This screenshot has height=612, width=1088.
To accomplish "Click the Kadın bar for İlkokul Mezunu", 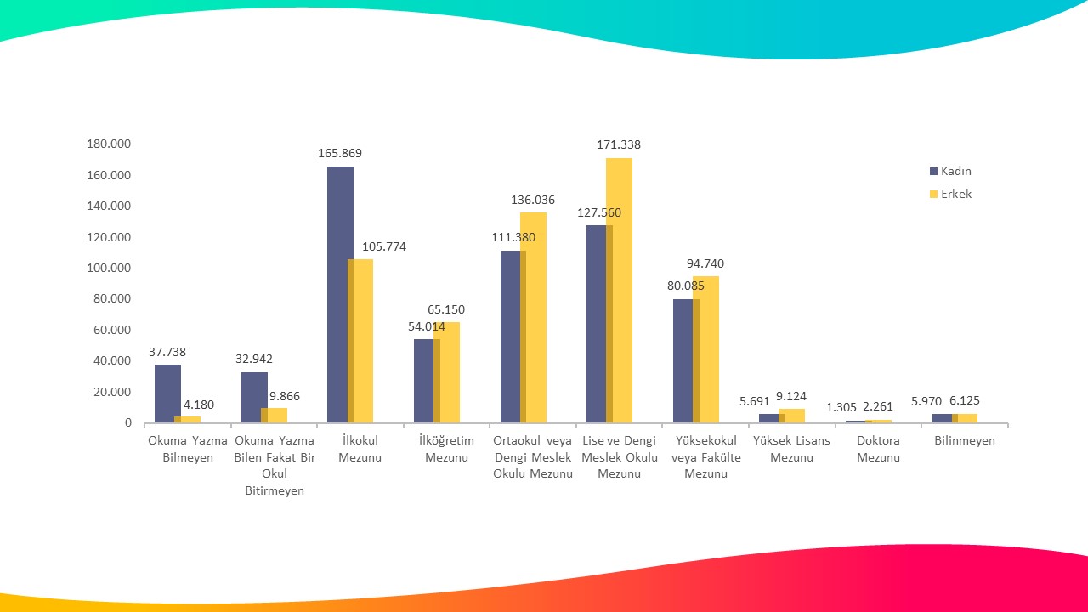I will (x=340, y=294).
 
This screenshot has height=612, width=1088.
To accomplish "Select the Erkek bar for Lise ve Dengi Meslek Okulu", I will (x=620, y=290).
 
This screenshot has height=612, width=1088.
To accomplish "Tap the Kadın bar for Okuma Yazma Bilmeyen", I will (x=167, y=393).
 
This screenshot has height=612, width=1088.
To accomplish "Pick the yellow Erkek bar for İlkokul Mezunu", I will (x=361, y=340).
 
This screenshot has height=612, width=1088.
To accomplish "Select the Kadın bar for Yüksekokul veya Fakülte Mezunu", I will (x=685, y=360).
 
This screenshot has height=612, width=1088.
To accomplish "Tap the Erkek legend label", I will (x=956, y=194).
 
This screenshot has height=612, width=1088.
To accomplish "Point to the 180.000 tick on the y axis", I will (x=109, y=144).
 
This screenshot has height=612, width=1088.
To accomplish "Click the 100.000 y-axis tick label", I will (x=109, y=268).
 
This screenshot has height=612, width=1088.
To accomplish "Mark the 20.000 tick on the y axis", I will (x=112, y=392).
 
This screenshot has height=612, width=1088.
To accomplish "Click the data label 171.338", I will (x=619, y=145).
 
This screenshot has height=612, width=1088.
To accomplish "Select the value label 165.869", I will (x=340, y=154).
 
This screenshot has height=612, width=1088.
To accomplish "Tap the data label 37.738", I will (x=167, y=352).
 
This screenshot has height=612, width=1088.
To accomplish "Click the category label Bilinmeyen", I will (x=965, y=441).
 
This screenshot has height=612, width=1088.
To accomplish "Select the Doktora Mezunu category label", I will (x=878, y=449).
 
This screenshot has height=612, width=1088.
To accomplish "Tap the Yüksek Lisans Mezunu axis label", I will (x=791, y=449).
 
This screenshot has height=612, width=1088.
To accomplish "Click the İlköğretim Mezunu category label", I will (x=446, y=449).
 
